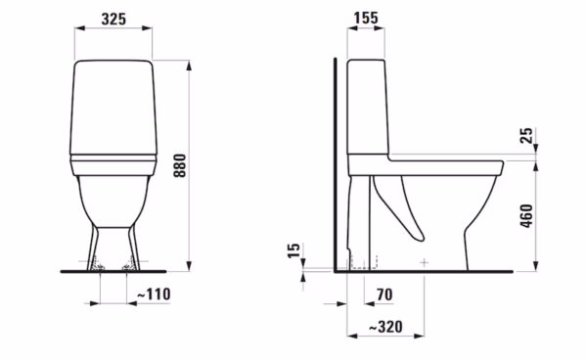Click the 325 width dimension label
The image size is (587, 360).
pos(113,19)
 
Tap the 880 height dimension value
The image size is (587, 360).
pos(180,165)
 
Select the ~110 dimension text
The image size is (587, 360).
pos(154,294)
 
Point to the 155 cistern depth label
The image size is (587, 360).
pos(366,18)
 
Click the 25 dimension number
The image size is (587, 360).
pos(526,135)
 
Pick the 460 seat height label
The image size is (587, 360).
pos(526,216)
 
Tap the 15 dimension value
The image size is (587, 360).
pos(293,250)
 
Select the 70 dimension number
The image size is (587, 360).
pos(384,294)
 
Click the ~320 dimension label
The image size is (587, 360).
pos(386,327)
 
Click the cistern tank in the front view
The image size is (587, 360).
pos(113,107)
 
